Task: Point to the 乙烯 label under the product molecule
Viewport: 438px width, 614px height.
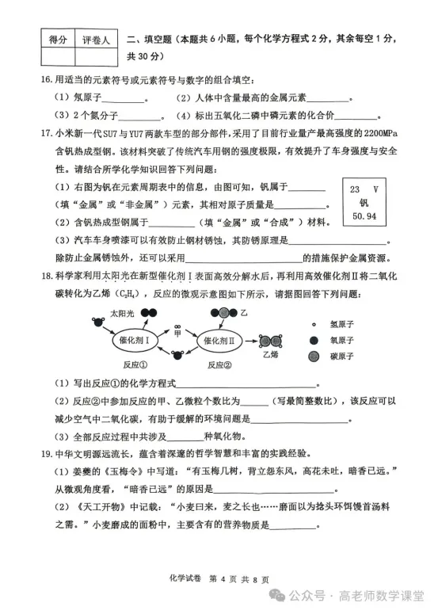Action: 275,356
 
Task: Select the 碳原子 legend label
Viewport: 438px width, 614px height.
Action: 352,356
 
